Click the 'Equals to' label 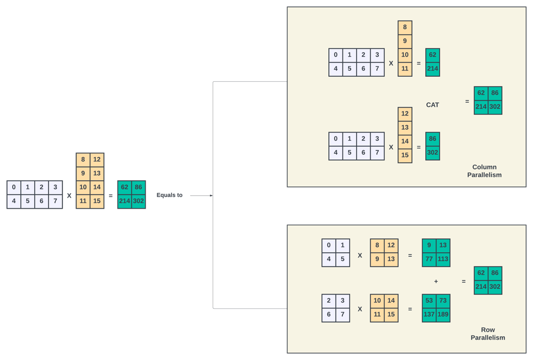[x=169, y=195]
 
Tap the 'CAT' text [x=432, y=105]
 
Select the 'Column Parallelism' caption [x=484, y=171]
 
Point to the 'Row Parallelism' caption [x=488, y=334]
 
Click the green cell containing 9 [x=429, y=245]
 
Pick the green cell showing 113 [x=443, y=259]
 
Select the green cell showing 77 [x=429, y=259]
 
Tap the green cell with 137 [x=429, y=315]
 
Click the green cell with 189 [x=443, y=315]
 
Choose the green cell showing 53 [x=429, y=301]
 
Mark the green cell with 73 [x=443, y=301]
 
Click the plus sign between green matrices [x=436, y=281]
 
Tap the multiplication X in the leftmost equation [x=69, y=195]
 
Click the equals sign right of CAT [x=467, y=101]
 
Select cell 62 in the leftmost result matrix [x=124, y=188]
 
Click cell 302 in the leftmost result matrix [x=138, y=201]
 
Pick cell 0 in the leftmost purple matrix [x=14, y=188]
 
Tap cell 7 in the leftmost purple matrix [x=55, y=201]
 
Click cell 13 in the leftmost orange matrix [x=97, y=173]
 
